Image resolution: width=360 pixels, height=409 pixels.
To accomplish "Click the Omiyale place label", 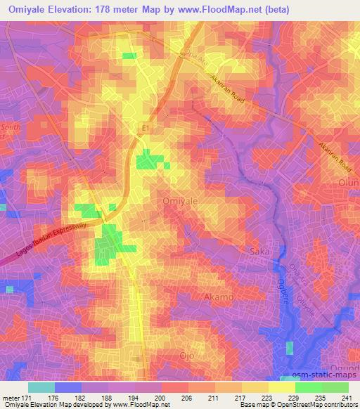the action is (180, 200).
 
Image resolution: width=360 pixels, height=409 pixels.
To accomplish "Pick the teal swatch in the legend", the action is (41, 387).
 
